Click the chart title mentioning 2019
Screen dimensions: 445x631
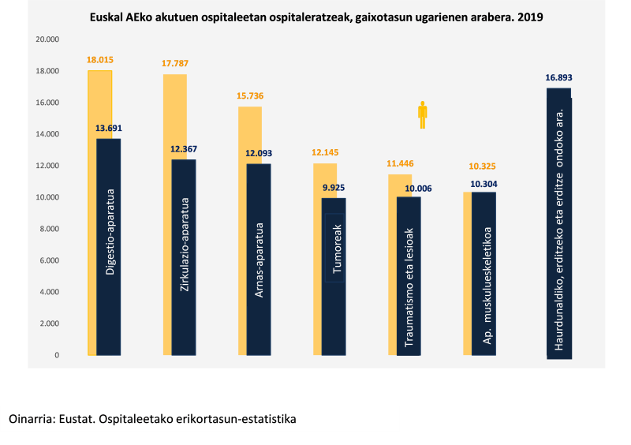click(x=316, y=15)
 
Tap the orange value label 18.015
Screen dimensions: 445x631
click(x=100, y=59)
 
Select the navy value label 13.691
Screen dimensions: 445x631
click(x=109, y=128)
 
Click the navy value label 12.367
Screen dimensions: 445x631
click(x=183, y=149)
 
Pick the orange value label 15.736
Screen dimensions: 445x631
click(x=250, y=95)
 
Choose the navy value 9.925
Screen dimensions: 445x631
click(x=333, y=188)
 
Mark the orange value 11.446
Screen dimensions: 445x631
click(x=401, y=163)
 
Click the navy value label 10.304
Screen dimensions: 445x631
click(x=483, y=184)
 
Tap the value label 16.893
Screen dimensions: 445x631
click(x=558, y=77)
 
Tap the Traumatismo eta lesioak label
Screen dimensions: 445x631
click(x=409, y=287)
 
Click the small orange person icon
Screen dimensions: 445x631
click(x=423, y=114)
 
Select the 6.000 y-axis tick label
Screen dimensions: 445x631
click(x=50, y=260)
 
